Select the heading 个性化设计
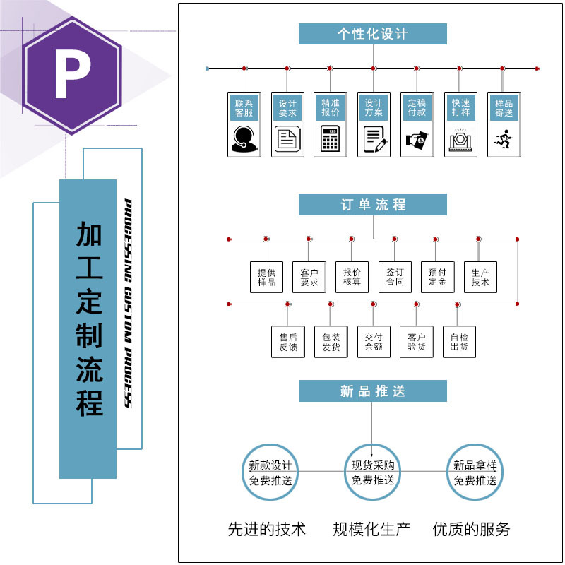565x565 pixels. pyautogui.click(x=372, y=34)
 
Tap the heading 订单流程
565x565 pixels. pyautogui.click(x=372, y=205)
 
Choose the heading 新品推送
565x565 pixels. pyautogui.click(x=372, y=391)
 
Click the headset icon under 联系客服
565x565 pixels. pyautogui.click(x=244, y=138)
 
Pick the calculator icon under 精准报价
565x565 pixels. pyautogui.click(x=330, y=138)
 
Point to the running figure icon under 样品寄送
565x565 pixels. pyautogui.click(x=504, y=138)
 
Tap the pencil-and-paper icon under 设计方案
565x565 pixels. pyautogui.click(x=374, y=138)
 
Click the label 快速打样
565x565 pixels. pyautogui.click(x=460, y=108)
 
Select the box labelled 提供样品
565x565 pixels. pyautogui.click(x=266, y=277)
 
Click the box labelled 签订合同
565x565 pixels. pyautogui.click(x=395, y=277)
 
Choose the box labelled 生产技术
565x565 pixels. pyautogui.click(x=480, y=277)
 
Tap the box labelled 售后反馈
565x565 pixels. pyautogui.click(x=288, y=342)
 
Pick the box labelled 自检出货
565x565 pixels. pyautogui.click(x=459, y=342)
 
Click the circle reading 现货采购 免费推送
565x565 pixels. pyautogui.click(x=373, y=472)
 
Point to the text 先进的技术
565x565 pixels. pyautogui.click(x=267, y=529)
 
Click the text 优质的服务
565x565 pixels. pyautogui.click(x=471, y=529)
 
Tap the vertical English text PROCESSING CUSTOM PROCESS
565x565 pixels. pyautogui.click(x=129, y=303)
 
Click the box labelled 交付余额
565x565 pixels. pyautogui.click(x=374, y=342)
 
